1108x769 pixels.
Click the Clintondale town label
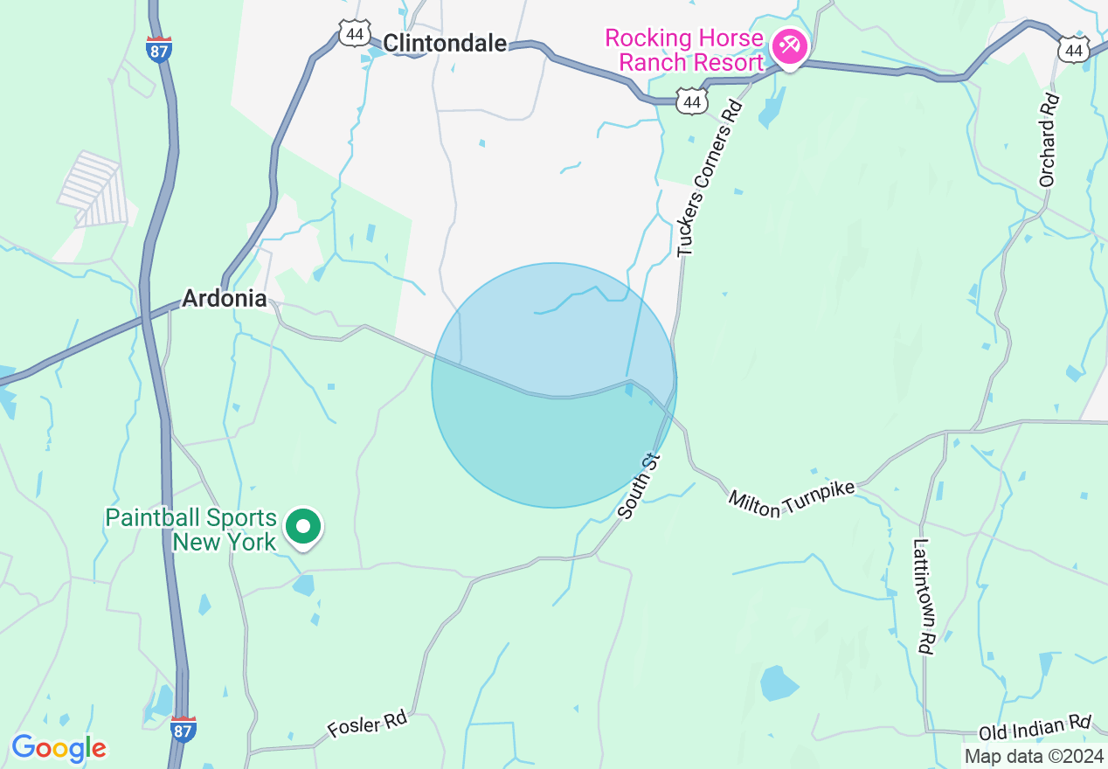click(x=445, y=43)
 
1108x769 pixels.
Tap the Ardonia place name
click(x=225, y=299)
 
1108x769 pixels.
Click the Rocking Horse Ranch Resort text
click(x=684, y=51)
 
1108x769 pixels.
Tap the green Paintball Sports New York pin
click(x=303, y=527)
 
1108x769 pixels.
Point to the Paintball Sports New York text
click(x=191, y=530)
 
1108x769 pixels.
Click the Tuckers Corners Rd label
click(x=710, y=179)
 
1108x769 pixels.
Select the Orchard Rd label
click(x=1049, y=140)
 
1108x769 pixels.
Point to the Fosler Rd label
click(x=367, y=724)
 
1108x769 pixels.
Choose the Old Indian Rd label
click(x=1035, y=728)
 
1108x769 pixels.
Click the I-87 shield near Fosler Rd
click(x=183, y=730)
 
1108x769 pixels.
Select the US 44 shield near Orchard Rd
click(x=1072, y=50)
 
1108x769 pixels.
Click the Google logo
click(x=59, y=748)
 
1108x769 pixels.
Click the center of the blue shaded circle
click(x=554, y=385)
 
